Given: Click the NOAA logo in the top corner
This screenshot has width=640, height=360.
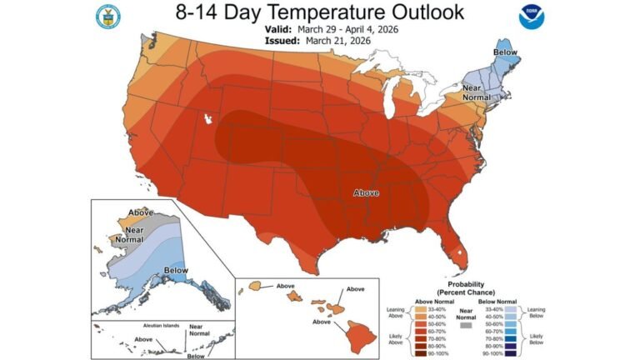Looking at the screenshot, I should (x=530, y=17).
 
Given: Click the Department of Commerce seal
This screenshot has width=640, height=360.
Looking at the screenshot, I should (x=107, y=17).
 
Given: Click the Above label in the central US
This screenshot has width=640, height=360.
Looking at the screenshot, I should (x=366, y=192).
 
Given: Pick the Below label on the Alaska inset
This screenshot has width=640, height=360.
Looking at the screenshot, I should (x=176, y=270).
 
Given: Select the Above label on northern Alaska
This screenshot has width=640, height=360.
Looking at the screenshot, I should (x=140, y=212).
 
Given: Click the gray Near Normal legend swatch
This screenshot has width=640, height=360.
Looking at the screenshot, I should (x=465, y=327).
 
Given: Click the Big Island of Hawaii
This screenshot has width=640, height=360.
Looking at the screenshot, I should (x=362, y=336).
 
